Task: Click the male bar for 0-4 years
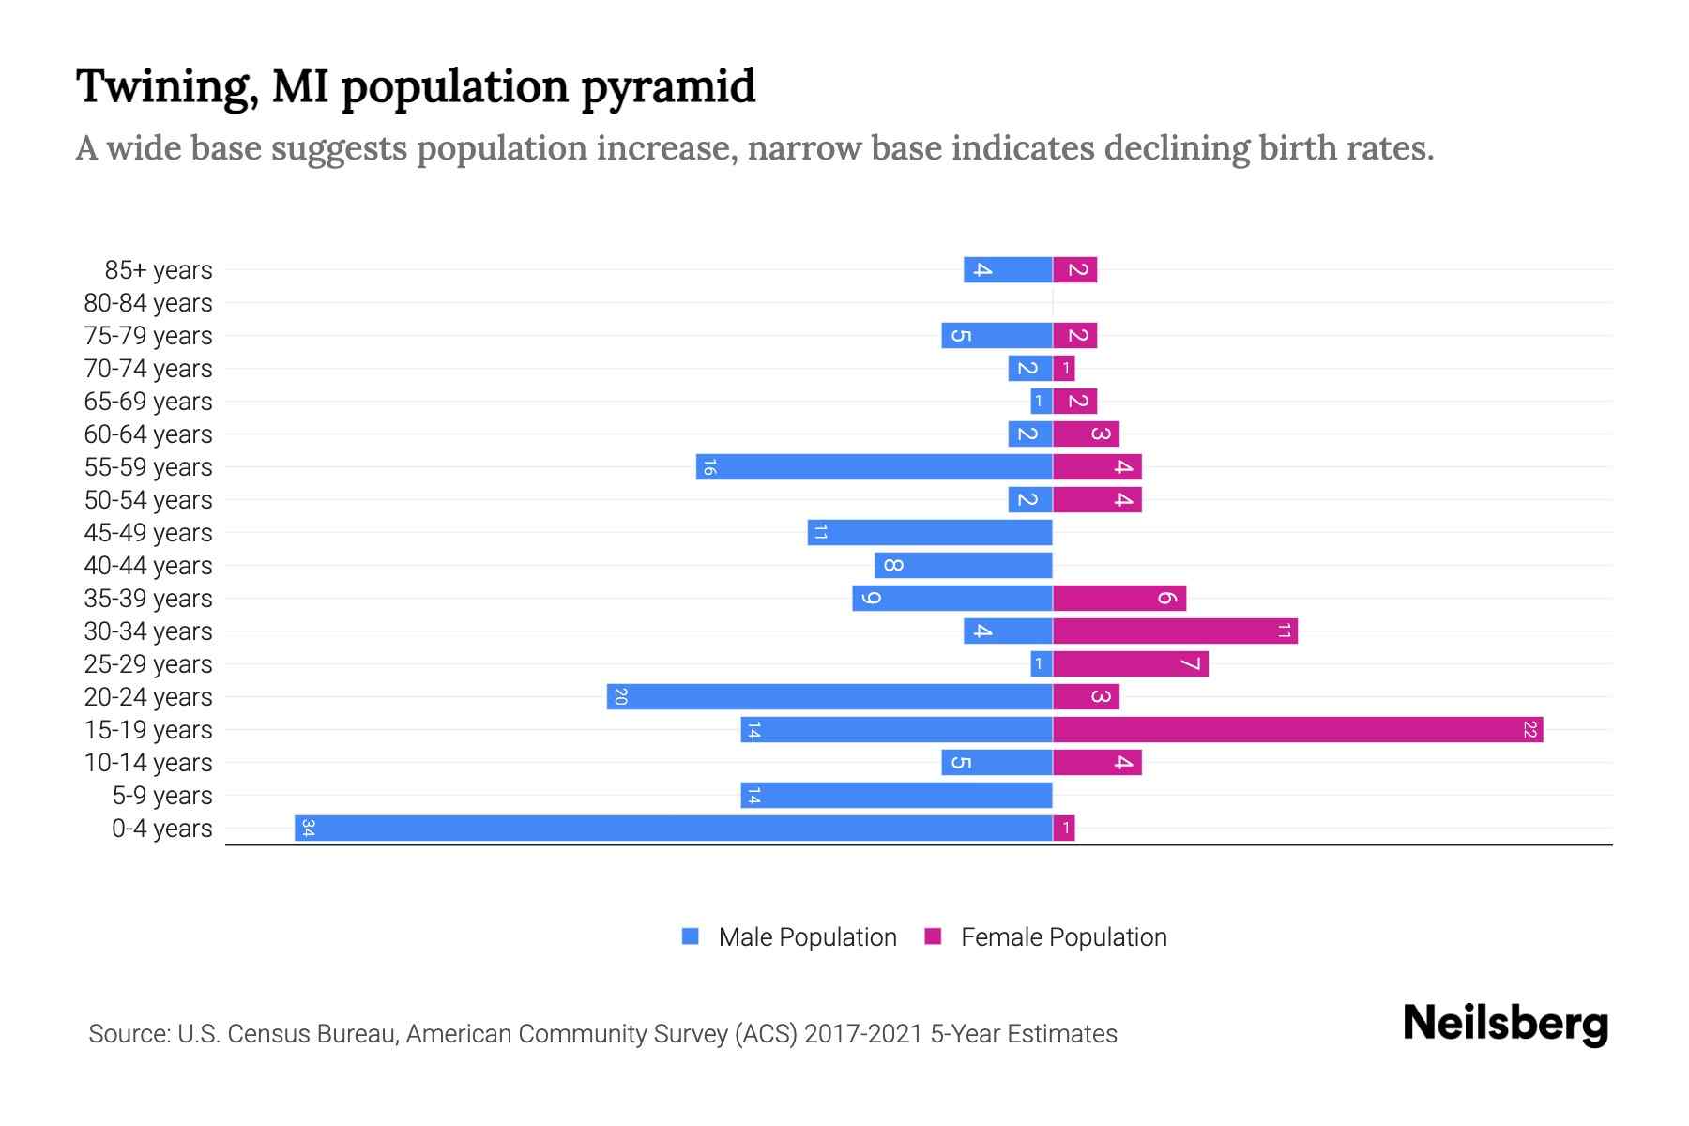[673, 828]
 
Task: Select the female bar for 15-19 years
[1298, 729]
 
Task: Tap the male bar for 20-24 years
[829, 696]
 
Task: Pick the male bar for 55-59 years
[874, 466]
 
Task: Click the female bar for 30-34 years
[1175, 631]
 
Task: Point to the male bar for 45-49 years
[930, 532]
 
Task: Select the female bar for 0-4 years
[1064, 828]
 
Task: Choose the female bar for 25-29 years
[1131, 663]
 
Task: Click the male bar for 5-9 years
[896, 795]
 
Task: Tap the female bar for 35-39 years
[1119, 598]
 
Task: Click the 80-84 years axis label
[148, 303]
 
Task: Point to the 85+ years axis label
[159, 270]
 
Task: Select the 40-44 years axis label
[148, 566]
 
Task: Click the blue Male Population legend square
[691, 936]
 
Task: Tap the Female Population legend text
[1063, 936]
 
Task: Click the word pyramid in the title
[667, 87]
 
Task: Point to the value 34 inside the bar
[308, 828]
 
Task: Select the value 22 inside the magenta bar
[1529, 729]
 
